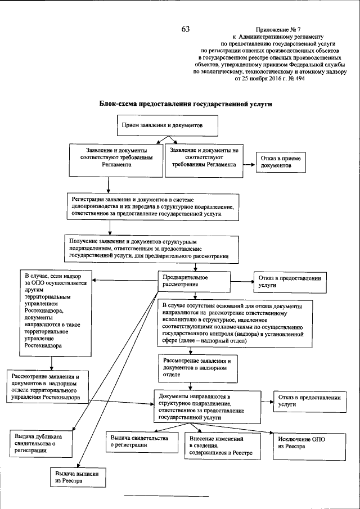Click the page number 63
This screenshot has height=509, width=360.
[x=186, y=29]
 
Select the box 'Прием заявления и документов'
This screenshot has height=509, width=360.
[x=166, y=125]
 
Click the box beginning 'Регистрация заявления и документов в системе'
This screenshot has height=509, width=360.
[x=152, y=206]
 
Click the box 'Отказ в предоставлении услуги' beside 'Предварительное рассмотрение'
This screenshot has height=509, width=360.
[x=290, y=282]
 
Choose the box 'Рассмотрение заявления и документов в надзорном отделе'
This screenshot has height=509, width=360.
[x=196, y=366]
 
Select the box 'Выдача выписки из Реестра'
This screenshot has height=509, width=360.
[x=78, y=478]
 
